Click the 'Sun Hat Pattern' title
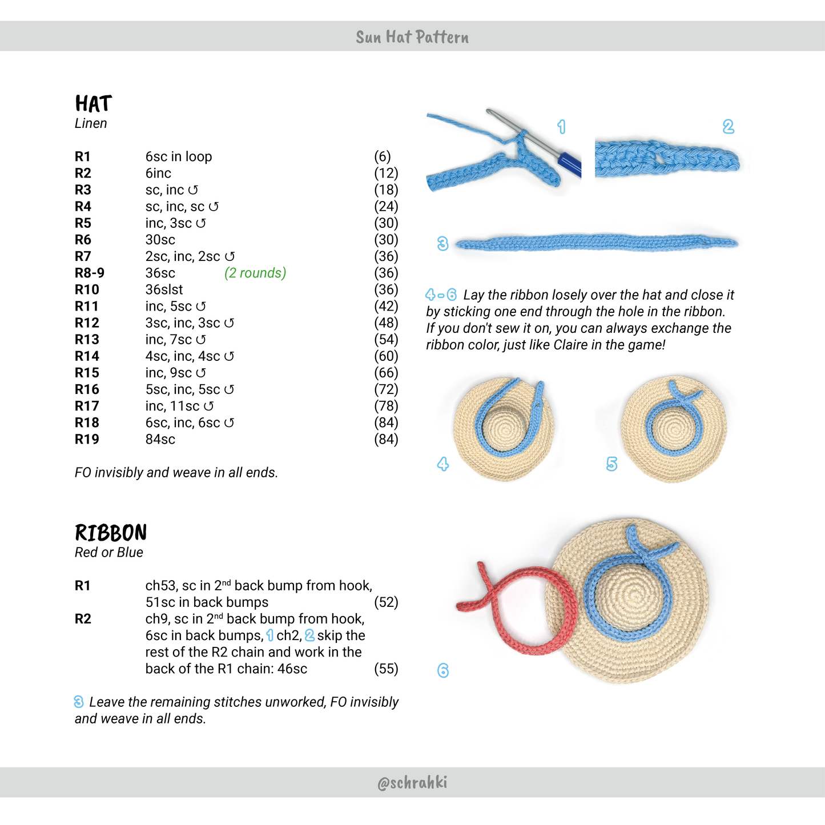click(x=412, y=37)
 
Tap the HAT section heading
click(x=93, y=104)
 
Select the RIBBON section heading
click(x=111, y=533)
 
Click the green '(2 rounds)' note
click(x=255, y=273)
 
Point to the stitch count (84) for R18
click(x=386, y=422)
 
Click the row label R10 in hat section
click(x=87, y=289)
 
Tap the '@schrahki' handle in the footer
click(x=412, y=782)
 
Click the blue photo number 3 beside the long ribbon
click(x=442, y=244)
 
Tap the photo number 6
click(x=443, y=670)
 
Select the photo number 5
click(x=611, y=464)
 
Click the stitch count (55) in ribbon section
click(x=386, y=669)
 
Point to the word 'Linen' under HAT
click(x=91, y=123)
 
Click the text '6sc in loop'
click(x=179, y=156)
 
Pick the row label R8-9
click(x=90, y=273)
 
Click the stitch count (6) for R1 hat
click(x=382, y=156)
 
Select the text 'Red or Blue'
click(x=109, y=552)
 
